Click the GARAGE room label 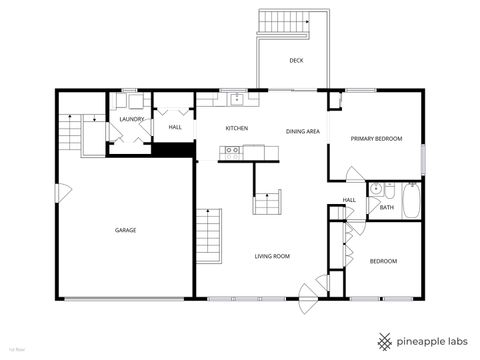click(x=125, y=230)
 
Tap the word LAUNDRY click(x=132, y=119)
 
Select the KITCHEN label click(x=236, y=129)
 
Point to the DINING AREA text click(x=302, y=132)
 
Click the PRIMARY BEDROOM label click(x=376, y=138)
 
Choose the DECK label click(x=296, y=60)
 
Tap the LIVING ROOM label click(x=271, y=257)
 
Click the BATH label click(x=386, y=208)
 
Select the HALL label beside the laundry click(x=175, y=127)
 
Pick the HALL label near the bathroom click(x=349, y=200)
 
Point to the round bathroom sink click(x=375, y=189)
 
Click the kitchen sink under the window click(x=236, y=98)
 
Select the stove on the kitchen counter click(x=232, y=152)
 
